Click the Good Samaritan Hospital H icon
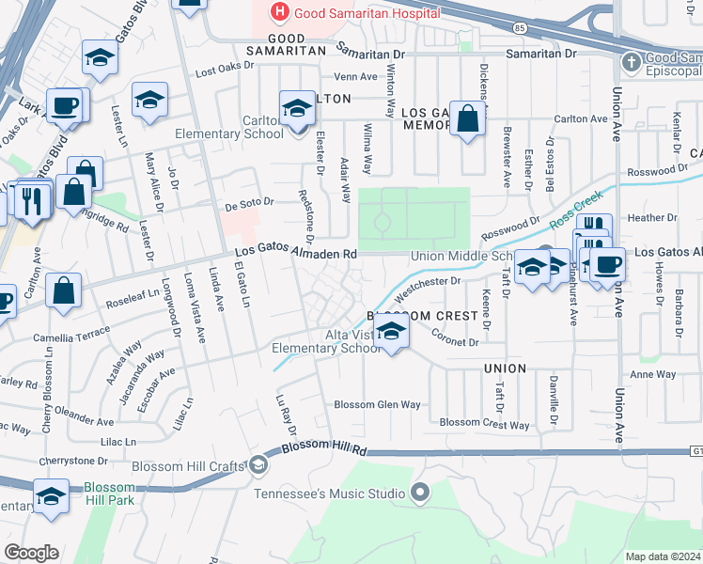279,12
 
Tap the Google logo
30,553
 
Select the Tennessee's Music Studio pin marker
420,493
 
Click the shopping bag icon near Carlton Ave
466,118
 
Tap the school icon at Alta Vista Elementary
391,332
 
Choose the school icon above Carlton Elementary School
297,107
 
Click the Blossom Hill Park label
110,494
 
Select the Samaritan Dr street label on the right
543,54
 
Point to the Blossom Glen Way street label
378,404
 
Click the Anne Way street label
652,374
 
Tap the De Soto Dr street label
248,201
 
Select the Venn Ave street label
356,77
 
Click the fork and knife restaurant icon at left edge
31,199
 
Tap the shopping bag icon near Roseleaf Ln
63,290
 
